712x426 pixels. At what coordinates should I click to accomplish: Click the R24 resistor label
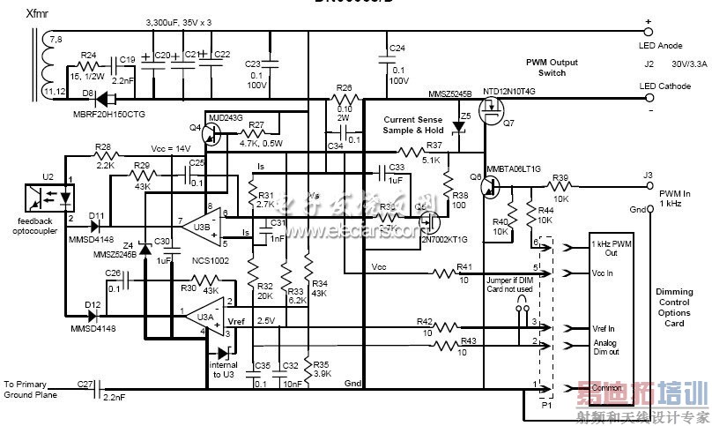(x=88, y=56)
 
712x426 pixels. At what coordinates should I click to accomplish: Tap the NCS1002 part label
(x=210, y=260)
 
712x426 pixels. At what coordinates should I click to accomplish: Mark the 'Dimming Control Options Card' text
(x=674, y=307)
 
